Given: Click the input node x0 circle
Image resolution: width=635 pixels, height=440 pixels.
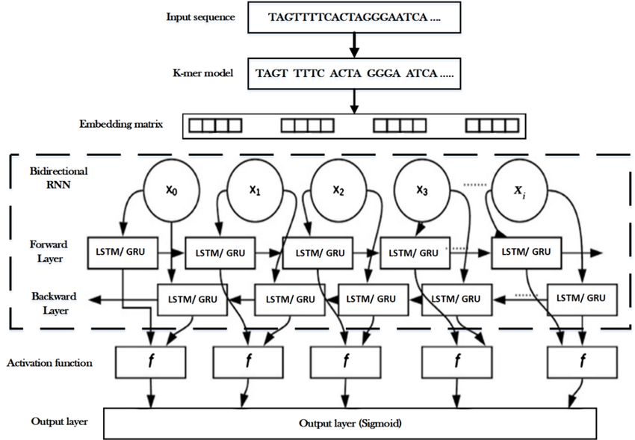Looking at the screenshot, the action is (172, 190).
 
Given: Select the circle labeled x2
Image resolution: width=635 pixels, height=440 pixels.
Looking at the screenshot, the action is (338, 190).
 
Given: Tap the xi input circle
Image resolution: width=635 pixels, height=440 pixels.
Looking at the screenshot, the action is (519, 190).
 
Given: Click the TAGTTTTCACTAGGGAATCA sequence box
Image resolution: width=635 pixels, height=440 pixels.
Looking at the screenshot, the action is (354, 17).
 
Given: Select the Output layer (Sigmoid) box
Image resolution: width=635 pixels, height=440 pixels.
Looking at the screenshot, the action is (350, 424).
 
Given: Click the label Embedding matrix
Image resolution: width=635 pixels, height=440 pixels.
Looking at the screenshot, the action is (121, 124).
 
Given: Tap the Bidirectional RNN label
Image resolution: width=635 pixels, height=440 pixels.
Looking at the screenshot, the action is (58, 178).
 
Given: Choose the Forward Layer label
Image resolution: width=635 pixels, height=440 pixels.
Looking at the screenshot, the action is (49, 251).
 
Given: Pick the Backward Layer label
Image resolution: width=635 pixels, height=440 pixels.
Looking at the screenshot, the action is (55, 303).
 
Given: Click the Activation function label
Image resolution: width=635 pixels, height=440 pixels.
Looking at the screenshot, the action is (49, 363).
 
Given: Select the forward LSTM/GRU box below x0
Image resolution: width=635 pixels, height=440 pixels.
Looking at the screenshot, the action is (123, 252).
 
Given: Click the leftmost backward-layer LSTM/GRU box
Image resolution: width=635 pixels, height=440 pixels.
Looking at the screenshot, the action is (192, 300).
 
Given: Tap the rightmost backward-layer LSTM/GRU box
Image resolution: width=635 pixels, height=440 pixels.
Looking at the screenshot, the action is (582, 300).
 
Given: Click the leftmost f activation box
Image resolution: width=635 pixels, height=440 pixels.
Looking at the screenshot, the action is (151, 362).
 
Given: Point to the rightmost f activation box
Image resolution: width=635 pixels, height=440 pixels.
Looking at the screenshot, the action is (582, 362).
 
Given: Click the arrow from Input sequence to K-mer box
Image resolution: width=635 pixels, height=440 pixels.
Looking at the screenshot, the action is (354, 46).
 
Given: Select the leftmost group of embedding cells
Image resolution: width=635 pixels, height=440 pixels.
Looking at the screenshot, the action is (215, 126).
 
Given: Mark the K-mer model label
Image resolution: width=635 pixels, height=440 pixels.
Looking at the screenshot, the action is (203, 73).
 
